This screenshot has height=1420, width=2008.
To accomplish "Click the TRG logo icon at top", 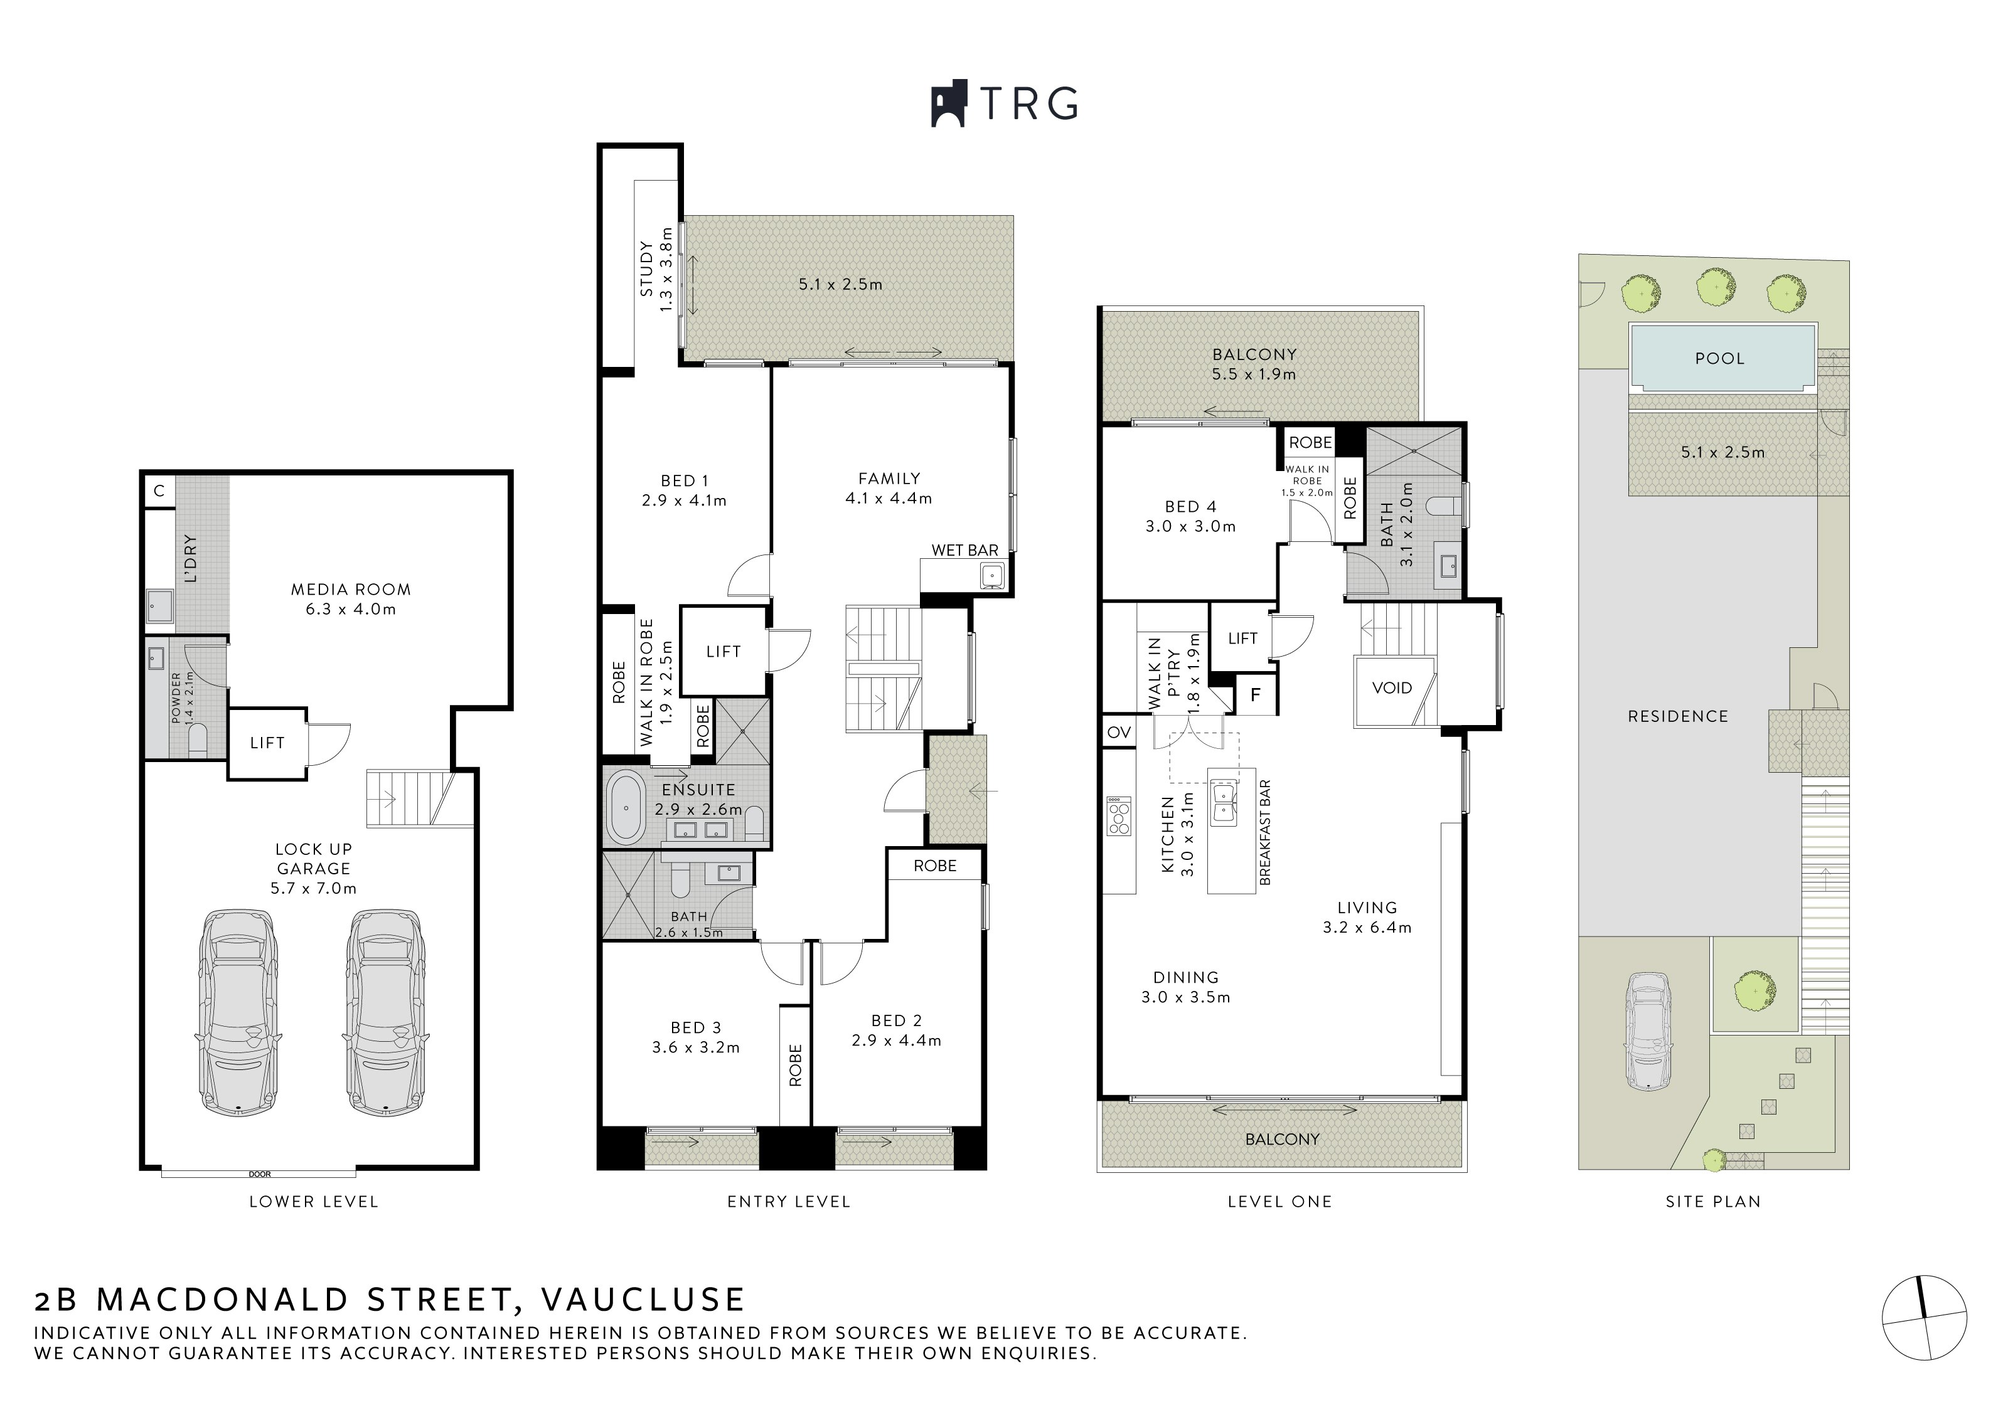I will tap(947, 104).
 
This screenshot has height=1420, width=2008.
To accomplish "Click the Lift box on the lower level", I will tap(267, 743).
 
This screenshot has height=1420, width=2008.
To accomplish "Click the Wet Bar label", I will tap(964, 550).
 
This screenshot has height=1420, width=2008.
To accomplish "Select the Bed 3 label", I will tap(696, 1027).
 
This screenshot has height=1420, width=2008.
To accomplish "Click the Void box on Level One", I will tap(1391, 688).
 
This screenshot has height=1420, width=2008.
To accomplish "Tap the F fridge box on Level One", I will tap(1256, 695).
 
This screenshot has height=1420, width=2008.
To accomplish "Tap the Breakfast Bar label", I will tap(1264, 832).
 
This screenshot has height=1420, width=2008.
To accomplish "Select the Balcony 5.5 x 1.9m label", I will tap(1254, 364).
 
